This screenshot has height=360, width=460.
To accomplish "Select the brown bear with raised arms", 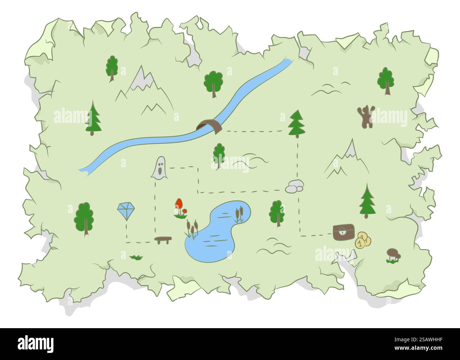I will [365, 116].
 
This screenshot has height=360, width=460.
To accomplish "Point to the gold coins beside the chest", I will [363, 241].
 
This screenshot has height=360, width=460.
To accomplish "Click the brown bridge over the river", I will [209, 126].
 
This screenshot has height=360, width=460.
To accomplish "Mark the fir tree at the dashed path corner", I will [297, 123].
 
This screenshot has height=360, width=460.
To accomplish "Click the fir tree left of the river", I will [93, 118].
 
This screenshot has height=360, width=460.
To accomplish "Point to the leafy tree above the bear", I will [386, 80].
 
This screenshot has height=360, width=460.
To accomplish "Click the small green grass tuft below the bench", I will [136, 257].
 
